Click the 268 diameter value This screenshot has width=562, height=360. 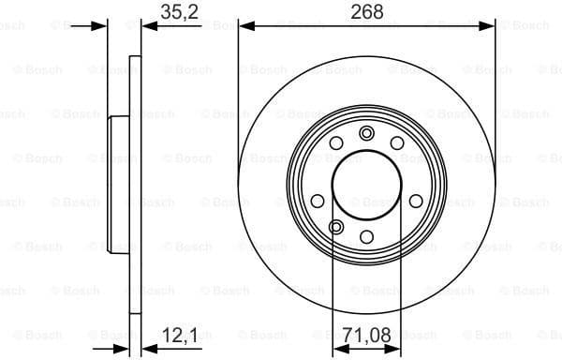[366, 13]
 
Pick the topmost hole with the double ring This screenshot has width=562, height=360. [366, 132]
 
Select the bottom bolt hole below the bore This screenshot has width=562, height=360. [366, 235]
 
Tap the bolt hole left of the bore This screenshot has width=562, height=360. [317, 201]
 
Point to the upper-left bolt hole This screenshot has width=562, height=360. [335, 142]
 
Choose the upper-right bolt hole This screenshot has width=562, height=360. [397, 142]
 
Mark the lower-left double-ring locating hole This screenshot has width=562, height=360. [336, 226]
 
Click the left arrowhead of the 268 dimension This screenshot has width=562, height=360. [245, 26]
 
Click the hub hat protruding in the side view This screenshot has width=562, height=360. [118, 184]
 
